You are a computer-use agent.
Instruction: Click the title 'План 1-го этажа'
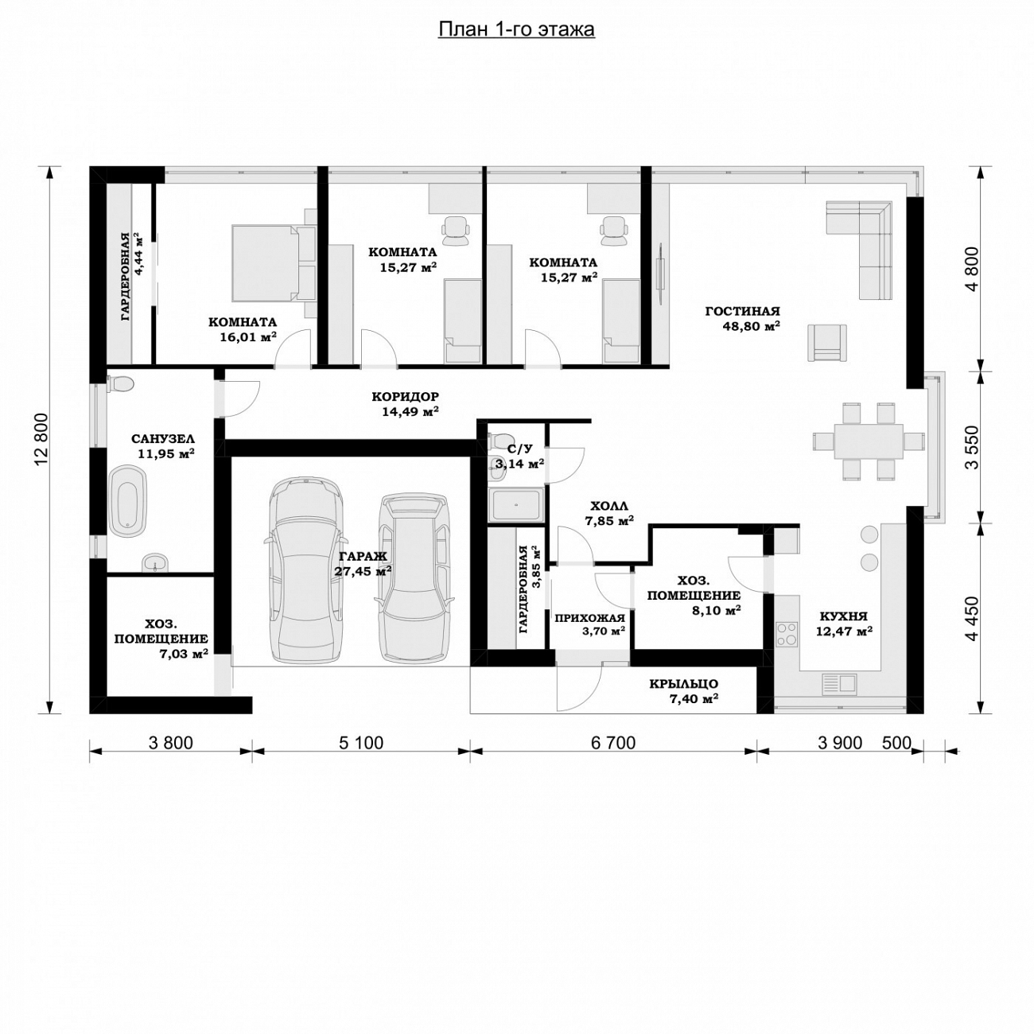tap(516, 29)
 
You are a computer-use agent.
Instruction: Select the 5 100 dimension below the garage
tap(360, 743)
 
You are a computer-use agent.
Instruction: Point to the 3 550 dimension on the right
tap(972, 447)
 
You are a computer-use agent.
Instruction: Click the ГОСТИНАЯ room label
tap(742, 311)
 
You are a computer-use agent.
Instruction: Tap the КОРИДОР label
tap(405, 397)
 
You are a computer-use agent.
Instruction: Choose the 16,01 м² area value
tap(248, 336)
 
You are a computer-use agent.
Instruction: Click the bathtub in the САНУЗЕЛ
tap(129, 501)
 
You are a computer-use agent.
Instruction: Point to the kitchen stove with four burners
tap(786, 633)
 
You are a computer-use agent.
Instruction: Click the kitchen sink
tap(840, 684)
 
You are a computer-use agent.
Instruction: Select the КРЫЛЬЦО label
tap(683, 683)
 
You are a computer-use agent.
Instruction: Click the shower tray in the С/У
tap(516, 503)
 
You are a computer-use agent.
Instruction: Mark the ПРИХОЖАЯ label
tap(589, 617)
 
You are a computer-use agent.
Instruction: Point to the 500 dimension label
tap(897, 743)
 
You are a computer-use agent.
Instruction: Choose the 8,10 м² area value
tap(717, 610)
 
